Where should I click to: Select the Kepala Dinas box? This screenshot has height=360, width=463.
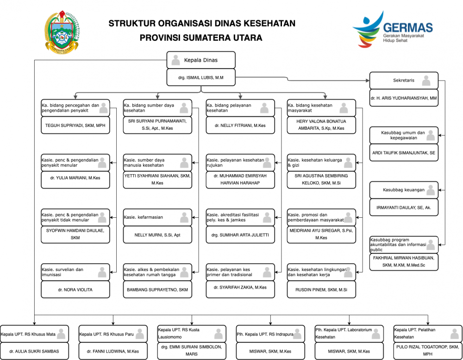click(x=201, y=60)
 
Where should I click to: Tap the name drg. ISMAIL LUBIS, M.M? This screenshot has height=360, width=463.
click(x=201, y=77)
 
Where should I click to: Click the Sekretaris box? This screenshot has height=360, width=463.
click(x=404, y=81)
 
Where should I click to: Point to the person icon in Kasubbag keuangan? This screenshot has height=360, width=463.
click(x=432, y=190)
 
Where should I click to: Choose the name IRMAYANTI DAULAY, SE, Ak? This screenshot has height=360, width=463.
click(x=404, y=208)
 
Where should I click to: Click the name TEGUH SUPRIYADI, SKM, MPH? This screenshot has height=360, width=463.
click(x=75, y=125)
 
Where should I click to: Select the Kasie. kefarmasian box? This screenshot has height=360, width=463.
click(x=157, y=217)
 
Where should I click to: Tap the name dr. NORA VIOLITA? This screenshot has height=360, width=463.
click(x=75, y=290)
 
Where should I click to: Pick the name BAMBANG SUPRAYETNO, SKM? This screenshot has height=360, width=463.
click(x=157, y=290)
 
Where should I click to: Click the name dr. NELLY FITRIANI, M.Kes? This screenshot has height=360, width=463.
click(x=240, y=125)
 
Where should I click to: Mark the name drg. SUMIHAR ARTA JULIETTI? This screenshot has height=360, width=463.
click(x=240, y=235)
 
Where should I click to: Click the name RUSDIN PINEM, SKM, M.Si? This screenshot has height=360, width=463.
click(x=321, y=290)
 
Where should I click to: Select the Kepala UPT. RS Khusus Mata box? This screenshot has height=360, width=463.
click(x=35, y=334)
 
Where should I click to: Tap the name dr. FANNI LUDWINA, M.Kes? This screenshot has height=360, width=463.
click(x=113, y=351)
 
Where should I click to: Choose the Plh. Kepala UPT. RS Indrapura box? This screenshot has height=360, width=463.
click(x=270, y=334)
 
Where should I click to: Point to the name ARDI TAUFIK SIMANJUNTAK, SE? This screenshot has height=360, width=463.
click(x=404, y=152)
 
